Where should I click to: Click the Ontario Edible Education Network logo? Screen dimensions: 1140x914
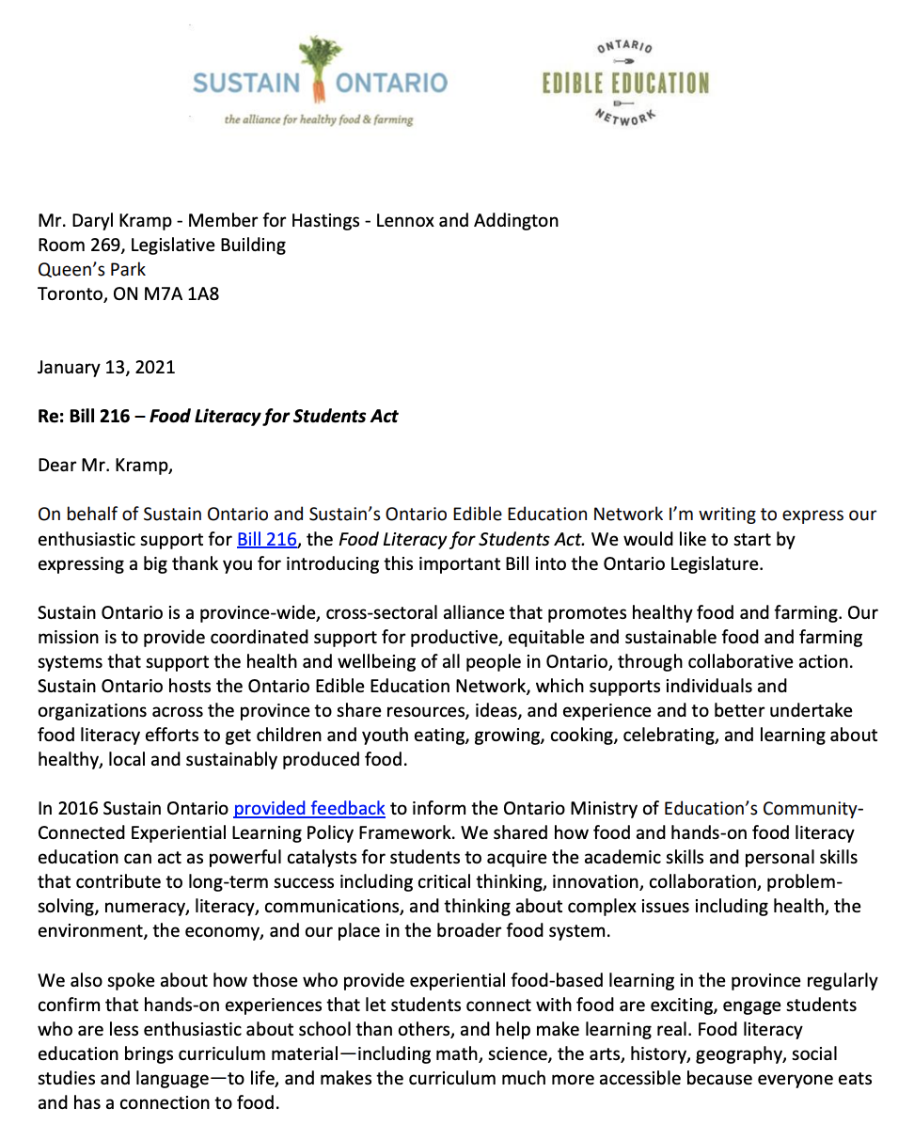[625, 82]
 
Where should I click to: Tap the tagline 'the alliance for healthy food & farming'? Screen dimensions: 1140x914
[318, 119]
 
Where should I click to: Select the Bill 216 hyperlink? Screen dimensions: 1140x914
[266, 539]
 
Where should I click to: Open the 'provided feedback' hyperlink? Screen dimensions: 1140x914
[309, 807]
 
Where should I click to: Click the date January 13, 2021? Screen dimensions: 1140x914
[106, 367]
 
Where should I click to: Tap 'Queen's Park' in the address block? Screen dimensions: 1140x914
[92, 270]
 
